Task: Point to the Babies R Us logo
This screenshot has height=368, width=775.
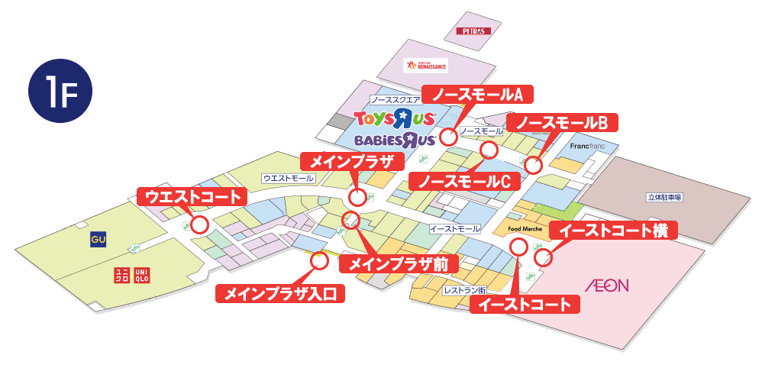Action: tap(395, 140)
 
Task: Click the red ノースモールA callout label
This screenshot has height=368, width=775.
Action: tap(478, 93)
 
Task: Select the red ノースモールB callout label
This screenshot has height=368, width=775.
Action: tap(561, 122)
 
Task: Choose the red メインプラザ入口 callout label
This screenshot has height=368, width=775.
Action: tap(280, 292)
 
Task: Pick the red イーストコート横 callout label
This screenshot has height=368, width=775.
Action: tap(613, 230)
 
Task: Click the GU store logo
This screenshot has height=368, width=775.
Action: tap(97, 240)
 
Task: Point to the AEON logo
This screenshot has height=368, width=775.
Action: tap(606, 286)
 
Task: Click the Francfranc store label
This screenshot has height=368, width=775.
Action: tap(587, 145)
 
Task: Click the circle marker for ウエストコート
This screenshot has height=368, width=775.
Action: tap(200, 224)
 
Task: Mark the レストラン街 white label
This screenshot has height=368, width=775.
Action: tap(464, 290)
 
